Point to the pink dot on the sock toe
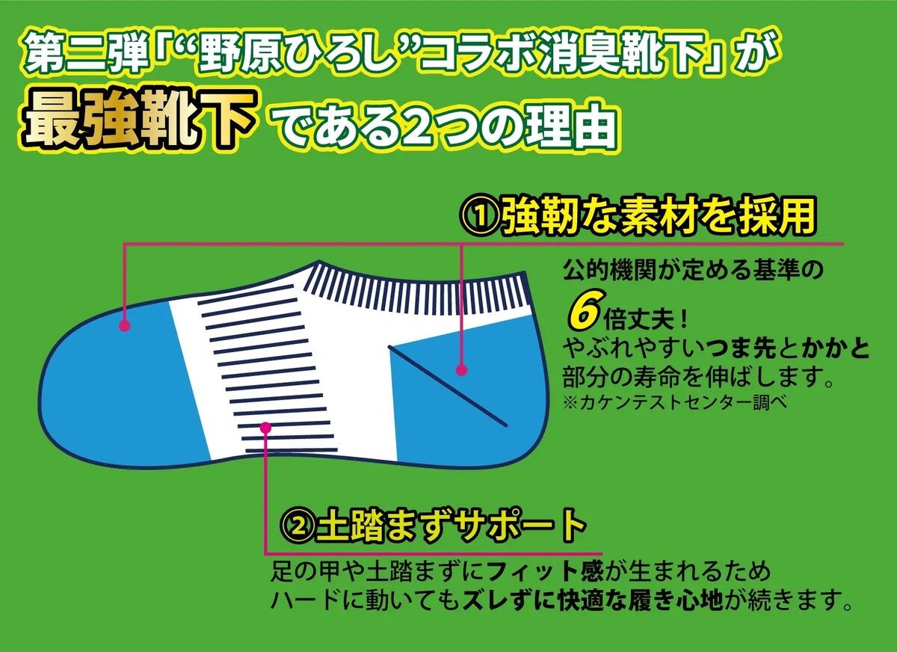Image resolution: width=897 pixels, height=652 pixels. [125, 325]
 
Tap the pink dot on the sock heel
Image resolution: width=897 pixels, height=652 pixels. [462, 369]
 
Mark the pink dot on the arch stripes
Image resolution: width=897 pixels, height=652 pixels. [265, 428]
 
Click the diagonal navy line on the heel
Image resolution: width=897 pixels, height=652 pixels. [447, 386]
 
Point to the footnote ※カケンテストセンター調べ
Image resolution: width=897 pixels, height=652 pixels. [676, 402]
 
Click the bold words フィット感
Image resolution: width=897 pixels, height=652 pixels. [546, 571]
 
